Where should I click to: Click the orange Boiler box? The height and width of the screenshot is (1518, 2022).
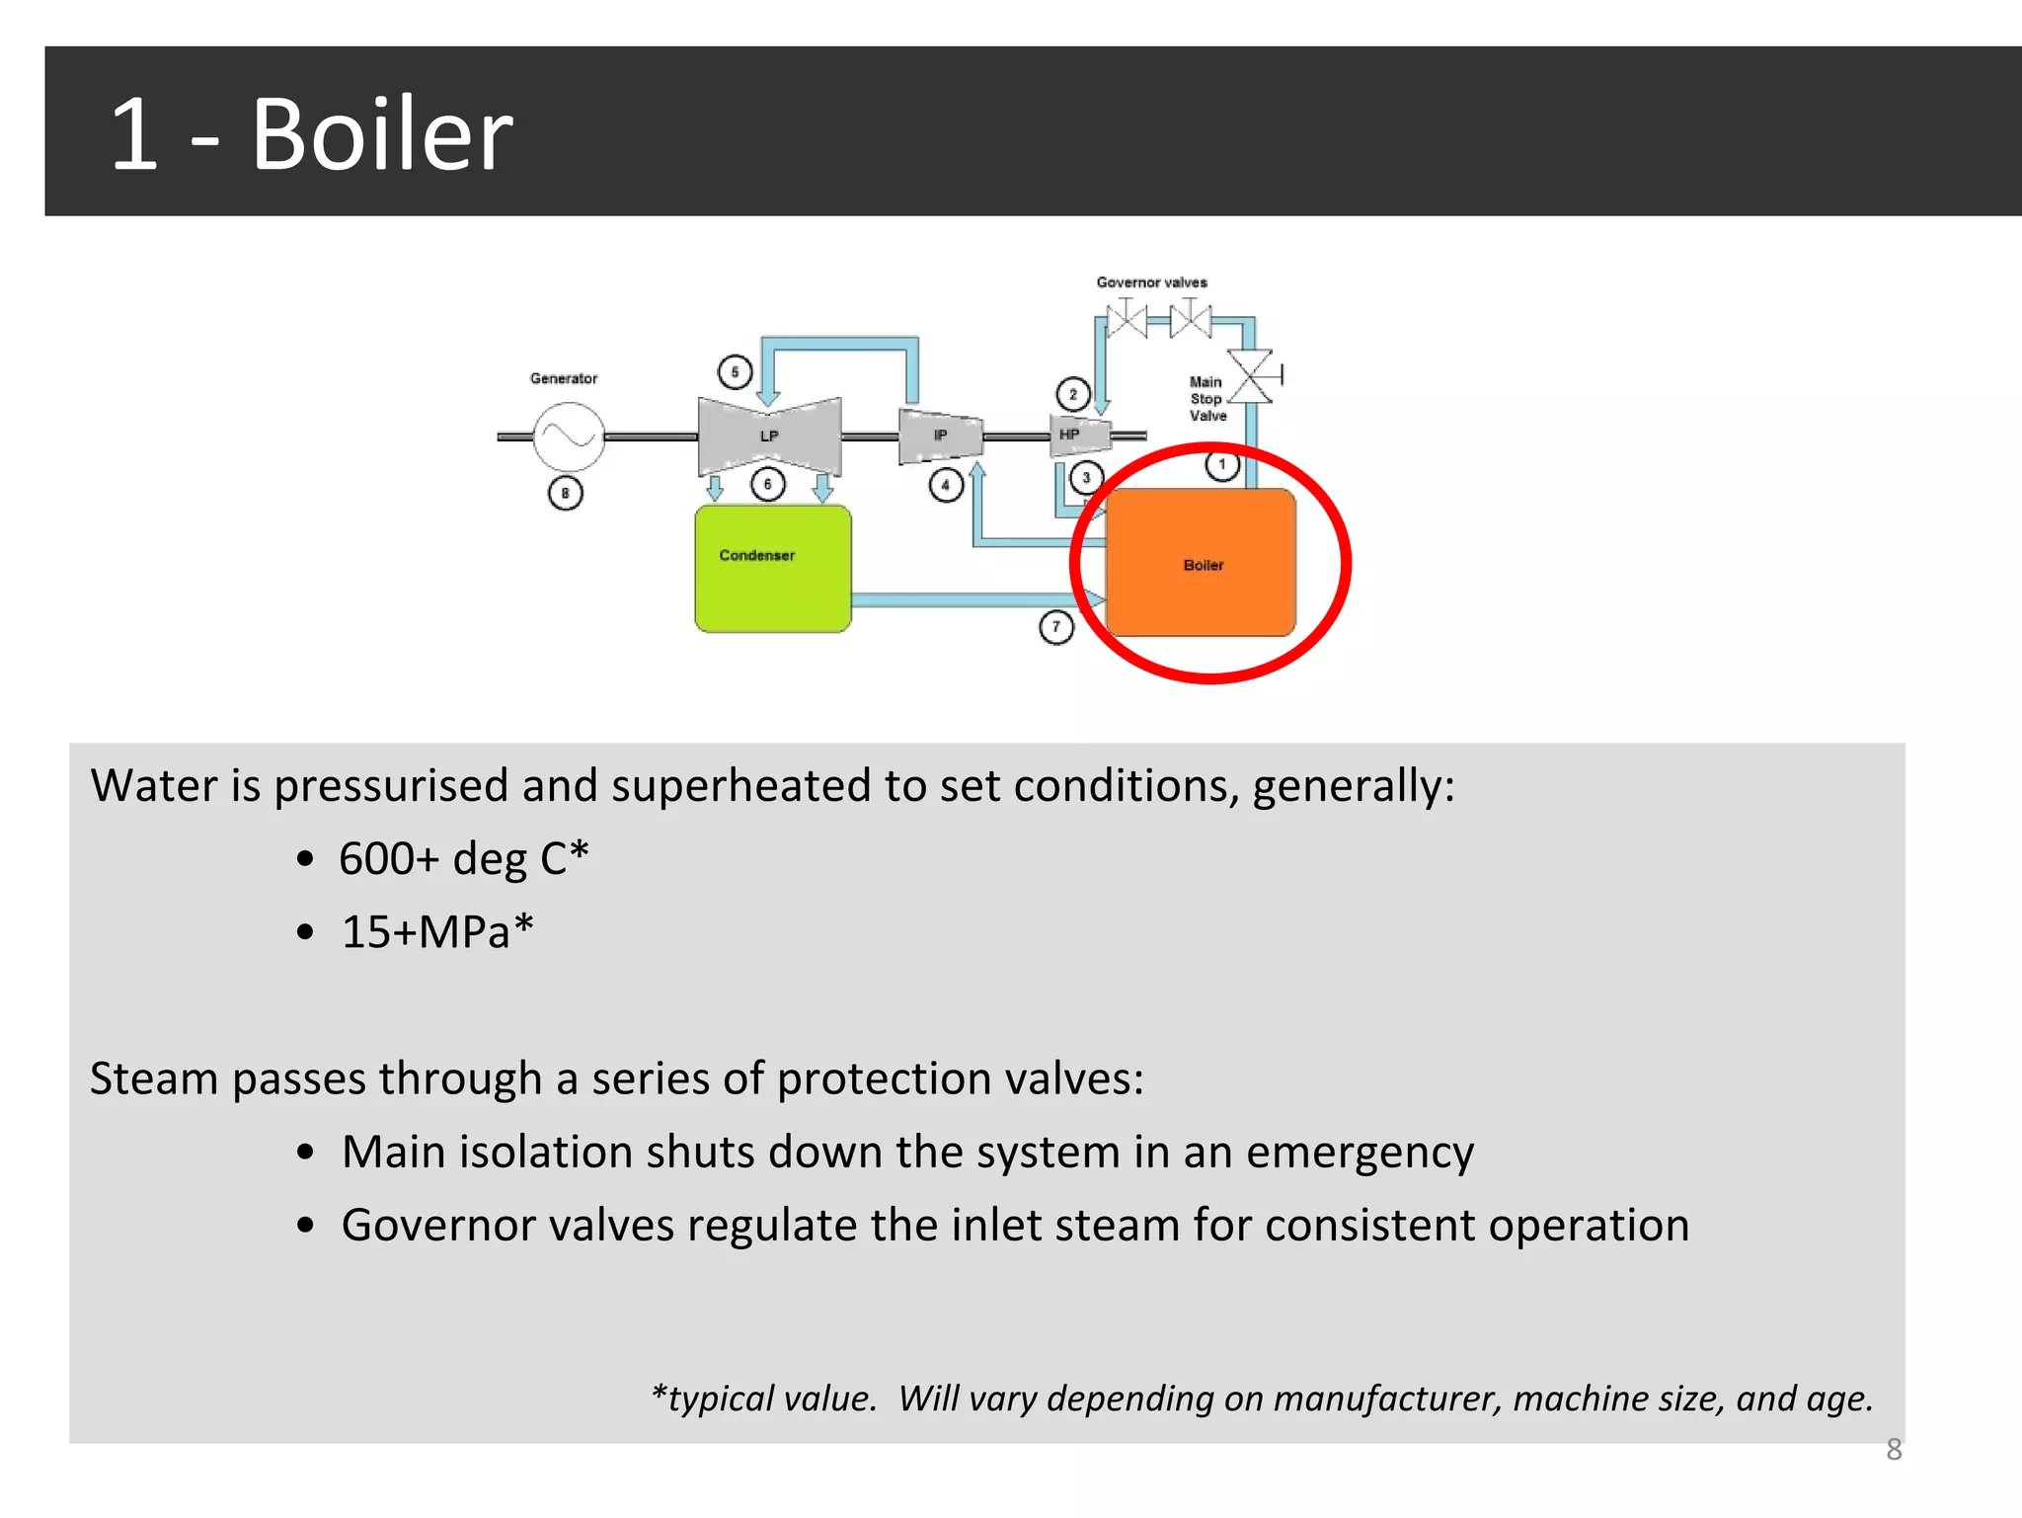1201,563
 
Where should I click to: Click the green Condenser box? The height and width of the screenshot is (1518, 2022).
772,569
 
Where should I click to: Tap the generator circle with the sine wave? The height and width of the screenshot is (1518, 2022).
569,436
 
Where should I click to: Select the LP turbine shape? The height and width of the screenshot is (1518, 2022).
769,437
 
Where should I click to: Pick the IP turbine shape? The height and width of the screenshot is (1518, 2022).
940,436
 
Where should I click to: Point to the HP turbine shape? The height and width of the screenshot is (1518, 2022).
1077,435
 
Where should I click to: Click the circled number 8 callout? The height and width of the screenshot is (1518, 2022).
566,493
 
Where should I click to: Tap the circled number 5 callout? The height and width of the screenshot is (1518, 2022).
735,372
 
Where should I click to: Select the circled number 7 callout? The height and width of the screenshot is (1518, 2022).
1056,627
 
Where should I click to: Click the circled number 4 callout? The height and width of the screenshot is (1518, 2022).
946,485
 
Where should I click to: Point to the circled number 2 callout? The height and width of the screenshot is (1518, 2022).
1073,394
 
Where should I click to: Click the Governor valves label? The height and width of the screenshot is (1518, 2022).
1151,282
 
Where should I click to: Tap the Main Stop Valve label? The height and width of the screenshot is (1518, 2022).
1206,399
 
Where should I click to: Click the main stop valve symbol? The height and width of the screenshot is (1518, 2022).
1253,376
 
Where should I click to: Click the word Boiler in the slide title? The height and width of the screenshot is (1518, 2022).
382,134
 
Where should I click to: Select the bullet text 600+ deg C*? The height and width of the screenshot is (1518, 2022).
463,858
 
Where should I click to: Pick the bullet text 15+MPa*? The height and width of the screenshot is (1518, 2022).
437,932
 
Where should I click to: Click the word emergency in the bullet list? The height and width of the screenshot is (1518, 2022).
1360,1153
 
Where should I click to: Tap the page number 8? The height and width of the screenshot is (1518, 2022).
1894,1450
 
